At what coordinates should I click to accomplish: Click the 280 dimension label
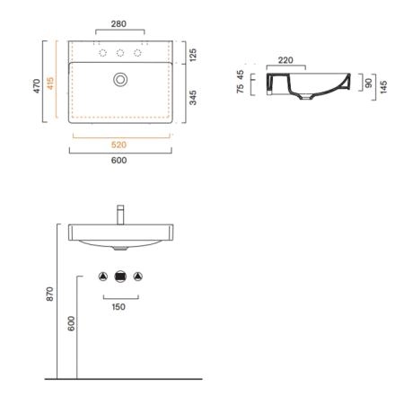[119, 24]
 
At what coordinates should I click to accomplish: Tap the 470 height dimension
[37, 86]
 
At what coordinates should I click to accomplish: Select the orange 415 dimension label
[50, 83]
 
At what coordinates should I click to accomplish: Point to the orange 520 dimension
[119, 145]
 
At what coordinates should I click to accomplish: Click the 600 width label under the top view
[119, 161]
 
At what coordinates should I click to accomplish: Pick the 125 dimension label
[193, 55]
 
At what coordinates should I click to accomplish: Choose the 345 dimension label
[193, 98]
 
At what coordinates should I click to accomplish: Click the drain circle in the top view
[120, 80]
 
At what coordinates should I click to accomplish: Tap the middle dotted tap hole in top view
[120, 53]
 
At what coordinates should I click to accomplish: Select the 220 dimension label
[285, 60]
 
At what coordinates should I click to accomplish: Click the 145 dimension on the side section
[383, 87]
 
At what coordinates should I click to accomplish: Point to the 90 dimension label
[369, 83]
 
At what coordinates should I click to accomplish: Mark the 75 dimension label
[240, 89]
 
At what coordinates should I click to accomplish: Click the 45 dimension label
[240, 75]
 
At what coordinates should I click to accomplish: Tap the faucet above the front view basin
[120, 215]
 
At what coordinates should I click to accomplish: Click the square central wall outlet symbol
[120, 277]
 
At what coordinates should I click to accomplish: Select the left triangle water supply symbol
[103, 277]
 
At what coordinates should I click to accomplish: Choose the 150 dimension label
[119, 307]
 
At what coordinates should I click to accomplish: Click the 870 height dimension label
[50, 294]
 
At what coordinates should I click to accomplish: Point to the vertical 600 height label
[71, 323]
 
